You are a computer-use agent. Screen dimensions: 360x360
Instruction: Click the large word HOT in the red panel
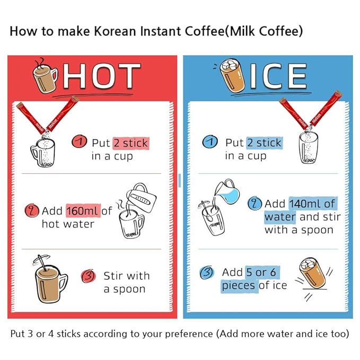tap(102, 76)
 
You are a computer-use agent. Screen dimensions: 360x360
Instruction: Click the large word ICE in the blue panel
tap(278, 76)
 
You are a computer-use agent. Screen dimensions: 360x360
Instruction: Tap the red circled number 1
tap(79, 142)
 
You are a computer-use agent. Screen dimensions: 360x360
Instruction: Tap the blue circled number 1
tap(210, 142)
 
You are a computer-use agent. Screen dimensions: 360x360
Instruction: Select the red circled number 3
tap(89, 276)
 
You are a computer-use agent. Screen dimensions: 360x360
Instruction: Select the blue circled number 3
tap(207, 273)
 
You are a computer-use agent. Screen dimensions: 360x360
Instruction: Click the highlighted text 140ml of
tap(312, 204)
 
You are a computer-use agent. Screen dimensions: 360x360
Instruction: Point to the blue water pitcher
tap(227, 192)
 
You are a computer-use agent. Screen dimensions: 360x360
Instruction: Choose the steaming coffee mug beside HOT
tap(45, 76)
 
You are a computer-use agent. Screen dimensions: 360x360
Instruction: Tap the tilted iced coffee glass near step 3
tap(313, 273)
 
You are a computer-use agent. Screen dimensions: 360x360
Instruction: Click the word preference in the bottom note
tap(189, 334)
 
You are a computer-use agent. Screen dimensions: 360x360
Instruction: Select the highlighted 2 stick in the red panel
tap(131, 143)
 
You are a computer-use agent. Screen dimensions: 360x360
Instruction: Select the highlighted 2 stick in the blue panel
tap(264, 143)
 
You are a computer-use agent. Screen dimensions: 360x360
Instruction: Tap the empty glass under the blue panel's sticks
tap(309, 148)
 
